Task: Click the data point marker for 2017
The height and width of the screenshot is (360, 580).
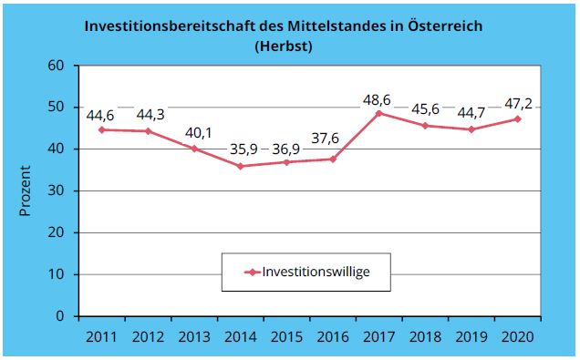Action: coord(379,113)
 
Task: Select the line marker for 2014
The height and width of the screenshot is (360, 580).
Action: coord(240,166)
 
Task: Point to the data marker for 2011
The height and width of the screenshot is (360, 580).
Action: coord(100,129)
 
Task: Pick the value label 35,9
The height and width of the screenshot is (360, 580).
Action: coord(239,149)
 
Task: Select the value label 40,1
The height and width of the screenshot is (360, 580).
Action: coord(193,131)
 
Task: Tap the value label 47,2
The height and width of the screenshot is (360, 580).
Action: coord(518,101)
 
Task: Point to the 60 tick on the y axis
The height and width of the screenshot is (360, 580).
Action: coord(59,66)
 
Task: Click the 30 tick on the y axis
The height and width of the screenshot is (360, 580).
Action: coord(59,191)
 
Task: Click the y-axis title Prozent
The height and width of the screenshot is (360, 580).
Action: coord(26,191)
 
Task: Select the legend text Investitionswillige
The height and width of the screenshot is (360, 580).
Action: coord(315,271)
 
